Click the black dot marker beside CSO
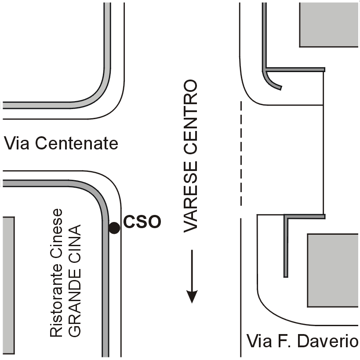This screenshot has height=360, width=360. (x=114, y=228)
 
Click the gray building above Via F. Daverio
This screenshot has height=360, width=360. (x=333, y=270)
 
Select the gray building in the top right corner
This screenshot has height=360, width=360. (x=329, y=24)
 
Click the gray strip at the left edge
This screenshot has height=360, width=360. (x=8, y=287)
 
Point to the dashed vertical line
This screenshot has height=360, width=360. (x=241, y=154)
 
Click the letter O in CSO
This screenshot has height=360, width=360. (x=153, y=222)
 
